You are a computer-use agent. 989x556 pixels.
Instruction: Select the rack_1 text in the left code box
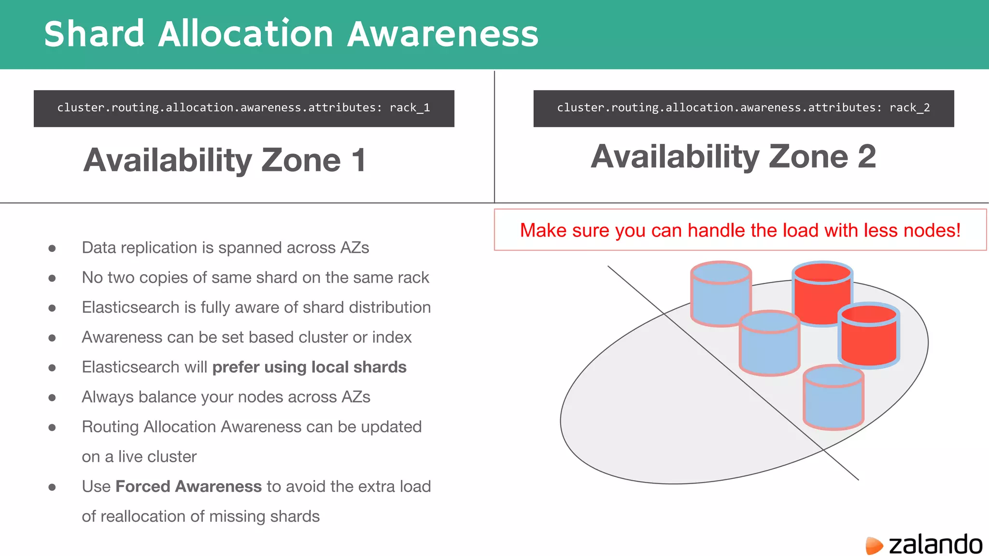coord(410,108)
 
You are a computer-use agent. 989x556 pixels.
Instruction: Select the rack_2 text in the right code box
coord(909,108)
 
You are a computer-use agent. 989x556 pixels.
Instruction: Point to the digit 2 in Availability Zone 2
coord(866,156)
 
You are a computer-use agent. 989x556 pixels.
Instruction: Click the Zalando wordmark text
coord(935,544)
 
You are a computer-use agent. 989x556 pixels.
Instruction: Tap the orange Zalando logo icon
coord(874,545)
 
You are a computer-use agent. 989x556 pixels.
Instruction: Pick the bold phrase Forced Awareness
coord(188,486)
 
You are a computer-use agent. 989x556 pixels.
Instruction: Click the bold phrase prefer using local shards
coord(309,367)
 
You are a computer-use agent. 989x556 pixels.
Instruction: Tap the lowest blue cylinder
coord(834,398)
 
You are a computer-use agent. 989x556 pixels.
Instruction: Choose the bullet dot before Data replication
coord(52,249)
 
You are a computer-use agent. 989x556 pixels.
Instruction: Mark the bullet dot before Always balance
coord(52,398)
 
